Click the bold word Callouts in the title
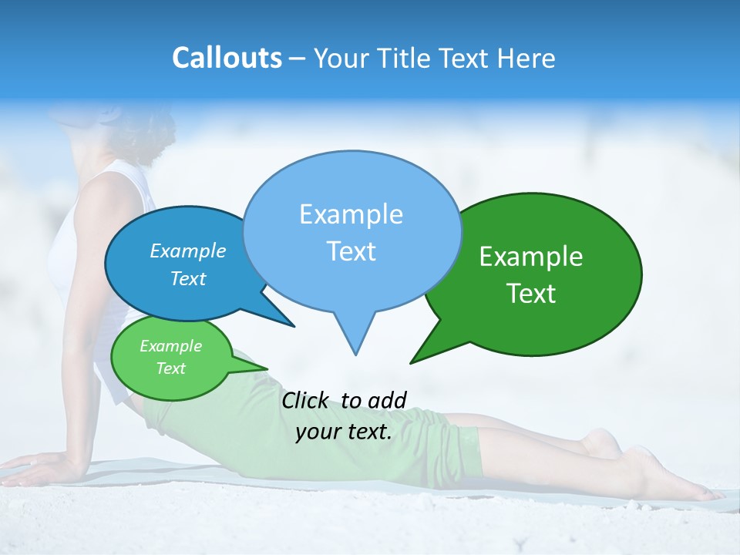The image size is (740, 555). [227, 58]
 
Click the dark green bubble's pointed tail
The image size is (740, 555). [413, 361]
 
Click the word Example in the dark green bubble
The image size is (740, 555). [531, 257]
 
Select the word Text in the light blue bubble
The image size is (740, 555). [351, 251]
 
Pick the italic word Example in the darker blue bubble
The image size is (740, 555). [187, 251]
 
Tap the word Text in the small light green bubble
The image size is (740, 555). [170, 368]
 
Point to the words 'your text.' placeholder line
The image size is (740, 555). [344, 432]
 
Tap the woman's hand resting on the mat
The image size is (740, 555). [39, 467]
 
